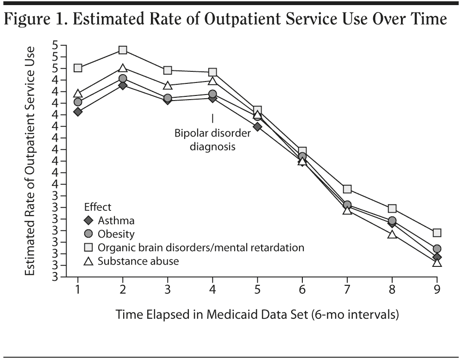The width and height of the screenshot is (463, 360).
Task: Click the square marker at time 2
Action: tap(122, 50)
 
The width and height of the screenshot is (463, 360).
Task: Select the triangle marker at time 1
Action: tap(78, 94)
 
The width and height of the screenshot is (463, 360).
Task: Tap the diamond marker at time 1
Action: tap(78, 112)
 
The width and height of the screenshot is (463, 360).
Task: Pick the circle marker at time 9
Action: tap(437, 249)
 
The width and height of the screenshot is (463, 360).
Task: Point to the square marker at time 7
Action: tap(347, 189)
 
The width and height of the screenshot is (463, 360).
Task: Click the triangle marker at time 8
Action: tap(392, 234)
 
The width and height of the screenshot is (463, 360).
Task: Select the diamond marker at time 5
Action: tap(257, 126)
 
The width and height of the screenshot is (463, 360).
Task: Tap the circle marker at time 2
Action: tap(122, 79)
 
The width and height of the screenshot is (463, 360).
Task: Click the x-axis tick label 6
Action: tap(302, 291)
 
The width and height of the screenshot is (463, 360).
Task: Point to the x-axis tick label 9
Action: tap(437, 291)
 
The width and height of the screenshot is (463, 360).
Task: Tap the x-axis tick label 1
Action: tap(78, 291)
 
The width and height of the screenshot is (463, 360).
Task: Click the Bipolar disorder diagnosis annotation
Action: tap(212, 139)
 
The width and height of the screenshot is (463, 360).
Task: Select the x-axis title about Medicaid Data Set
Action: tap(257, 315)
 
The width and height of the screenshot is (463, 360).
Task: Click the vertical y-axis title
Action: tap(31, 161)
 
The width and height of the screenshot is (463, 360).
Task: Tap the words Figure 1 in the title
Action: tap(33, 20)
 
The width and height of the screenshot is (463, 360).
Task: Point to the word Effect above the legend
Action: tap(97, 207)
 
